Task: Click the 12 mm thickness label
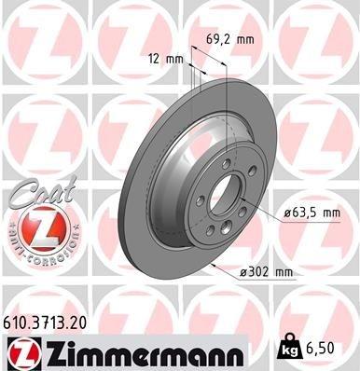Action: click(x=164, y=58)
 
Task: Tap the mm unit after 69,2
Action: click(x=245, y=40)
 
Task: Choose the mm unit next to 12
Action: click(x=175, y=58)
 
